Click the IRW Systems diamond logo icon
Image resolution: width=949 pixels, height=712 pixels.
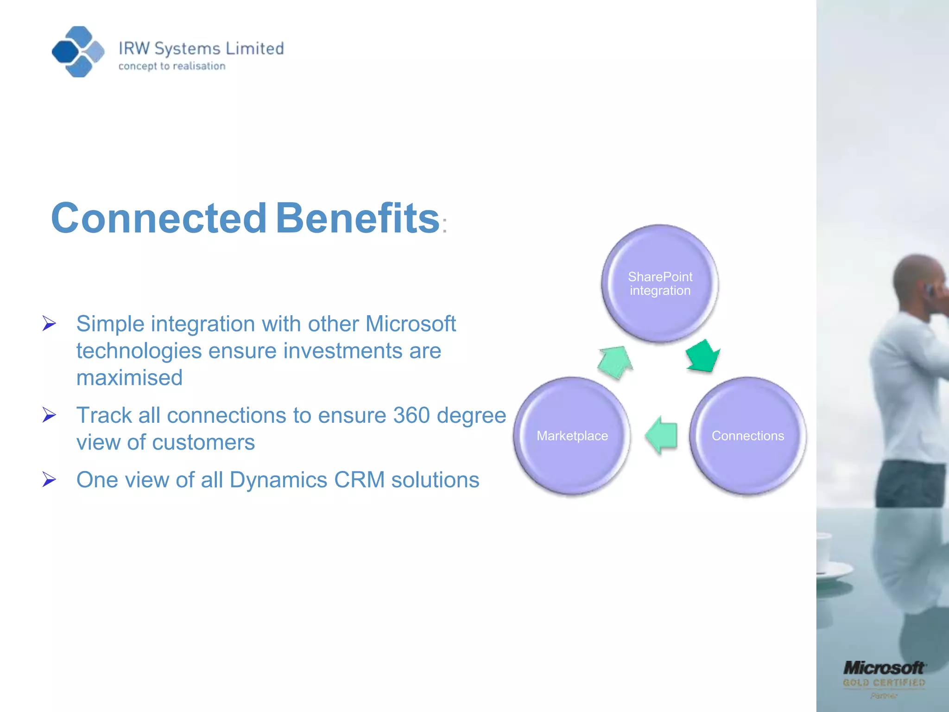click(x=78, y=51)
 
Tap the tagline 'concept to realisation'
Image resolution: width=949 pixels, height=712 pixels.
click(x=172, y=66)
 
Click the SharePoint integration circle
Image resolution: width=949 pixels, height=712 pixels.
click(x=660, y=284)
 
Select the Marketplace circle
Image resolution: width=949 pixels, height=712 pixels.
click(x=572, y=436)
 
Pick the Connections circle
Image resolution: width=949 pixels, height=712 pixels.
click(x=747, y=436)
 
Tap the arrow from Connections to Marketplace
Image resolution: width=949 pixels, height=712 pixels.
click(x=661, y=435)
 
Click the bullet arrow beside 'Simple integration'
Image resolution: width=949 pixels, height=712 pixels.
click(x=49, y=323)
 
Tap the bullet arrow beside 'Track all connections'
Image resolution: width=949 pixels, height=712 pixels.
click(x=49, y=414)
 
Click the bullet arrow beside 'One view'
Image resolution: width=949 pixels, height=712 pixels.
click(x=49, y=479)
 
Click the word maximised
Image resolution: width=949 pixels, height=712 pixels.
click(x=129, y=377)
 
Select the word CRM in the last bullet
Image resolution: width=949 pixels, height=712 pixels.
click(x=359, y=480)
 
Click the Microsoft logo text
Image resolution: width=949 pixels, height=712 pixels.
click(x=883, y=668)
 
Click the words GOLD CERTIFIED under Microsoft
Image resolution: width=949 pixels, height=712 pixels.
click(x=884, y=683)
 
